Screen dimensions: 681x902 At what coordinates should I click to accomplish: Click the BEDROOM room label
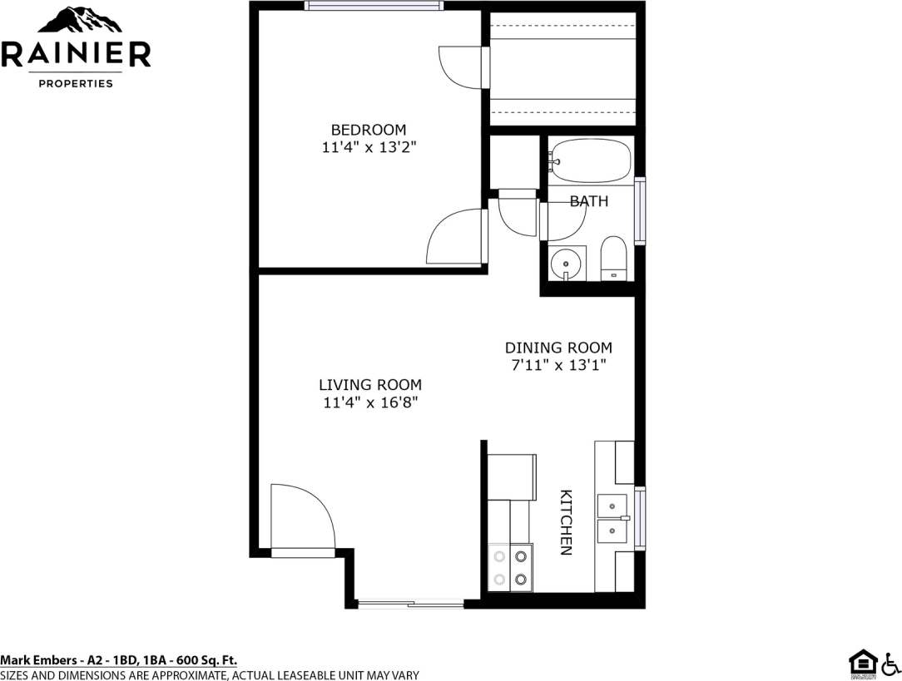pyautogui.click(x=369, y=130)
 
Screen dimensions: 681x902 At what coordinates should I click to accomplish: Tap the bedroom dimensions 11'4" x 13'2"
pyautogui.click(x=369, y=148)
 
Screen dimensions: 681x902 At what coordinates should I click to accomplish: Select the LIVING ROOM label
pyautogui.click(x=370, y=385)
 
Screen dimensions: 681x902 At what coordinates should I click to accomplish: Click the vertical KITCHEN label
pyautogui.click(x=565, y=521)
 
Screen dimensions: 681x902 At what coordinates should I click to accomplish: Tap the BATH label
pyautogui.click(x=589, y=201)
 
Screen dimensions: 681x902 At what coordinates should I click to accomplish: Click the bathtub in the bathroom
pyautogui.click(x=591, y=160)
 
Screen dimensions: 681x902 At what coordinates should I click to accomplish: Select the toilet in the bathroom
pyautogui.click(x=613, y=259)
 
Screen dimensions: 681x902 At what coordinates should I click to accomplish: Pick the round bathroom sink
pyautogui.click(x=566, y=263)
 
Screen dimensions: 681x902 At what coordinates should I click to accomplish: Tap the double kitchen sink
pyautogui.click(x=612, y=517)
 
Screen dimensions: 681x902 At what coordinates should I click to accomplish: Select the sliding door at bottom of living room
pyautogui.click(x=409, y=603)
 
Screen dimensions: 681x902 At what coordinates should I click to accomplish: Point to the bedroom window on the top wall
pyautogui.click(x=373, y=6)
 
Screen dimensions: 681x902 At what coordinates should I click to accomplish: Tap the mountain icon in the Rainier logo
pyautogui.click(x=76, y=22)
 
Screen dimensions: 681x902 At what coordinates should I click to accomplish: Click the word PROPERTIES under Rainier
pyautogui.click(x=76, y=84)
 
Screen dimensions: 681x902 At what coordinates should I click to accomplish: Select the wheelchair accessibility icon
pyautogui.click(x=890, y=663)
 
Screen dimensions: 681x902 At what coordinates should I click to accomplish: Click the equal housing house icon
pyautogui.click(x=861, y=663)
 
